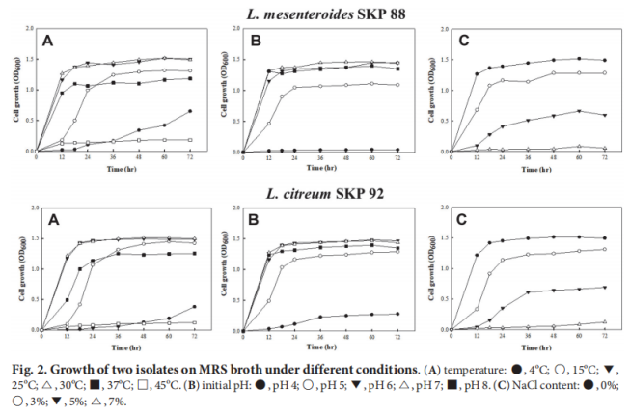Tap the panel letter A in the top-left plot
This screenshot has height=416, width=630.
tap(47, 41)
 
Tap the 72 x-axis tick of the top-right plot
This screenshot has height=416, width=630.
tap(605, 158)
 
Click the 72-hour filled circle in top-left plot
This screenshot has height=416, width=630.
tap(190, 111)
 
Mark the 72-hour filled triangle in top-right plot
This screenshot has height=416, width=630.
tap(605, 116)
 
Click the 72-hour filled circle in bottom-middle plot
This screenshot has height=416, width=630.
tap(397, 314)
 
